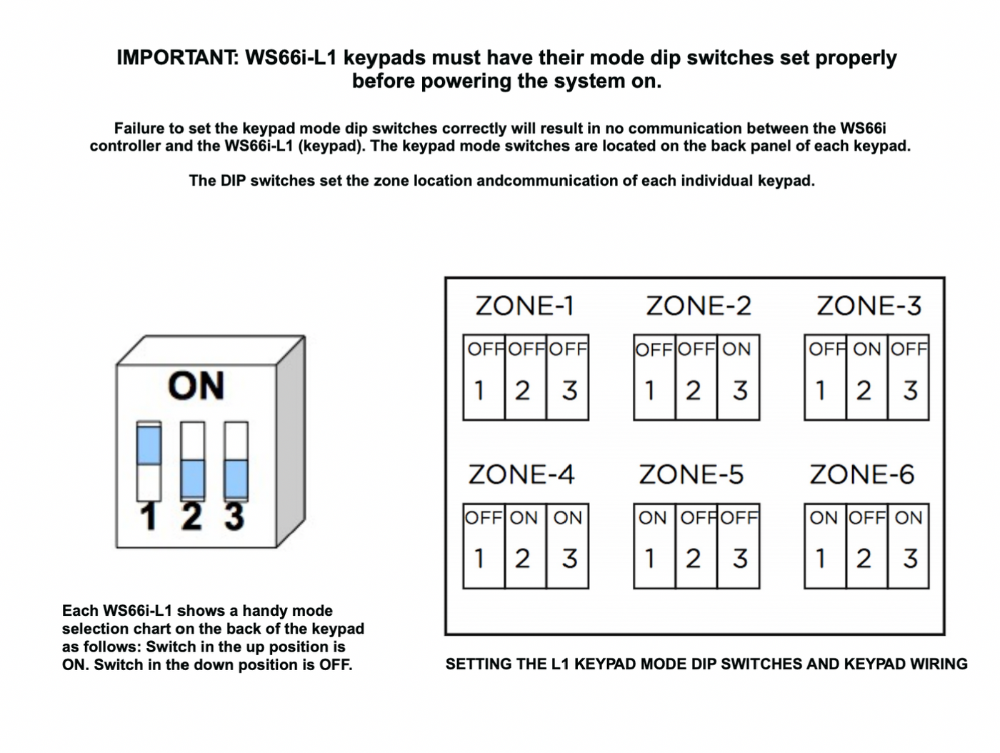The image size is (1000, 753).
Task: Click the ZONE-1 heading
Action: point(525,306)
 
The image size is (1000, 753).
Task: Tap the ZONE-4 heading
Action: point(521,474)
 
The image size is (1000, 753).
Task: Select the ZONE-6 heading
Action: point(862,474)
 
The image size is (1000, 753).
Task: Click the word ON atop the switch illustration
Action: point(196,386)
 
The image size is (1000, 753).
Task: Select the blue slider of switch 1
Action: point(149,444)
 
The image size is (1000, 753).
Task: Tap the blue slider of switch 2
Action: point(192,479)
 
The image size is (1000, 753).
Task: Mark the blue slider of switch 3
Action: point(236,479)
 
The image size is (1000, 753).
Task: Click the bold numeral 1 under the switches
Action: point(149,517)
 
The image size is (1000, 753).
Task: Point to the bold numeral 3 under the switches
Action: point(235,517)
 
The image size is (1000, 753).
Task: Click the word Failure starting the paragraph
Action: point(141,129)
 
